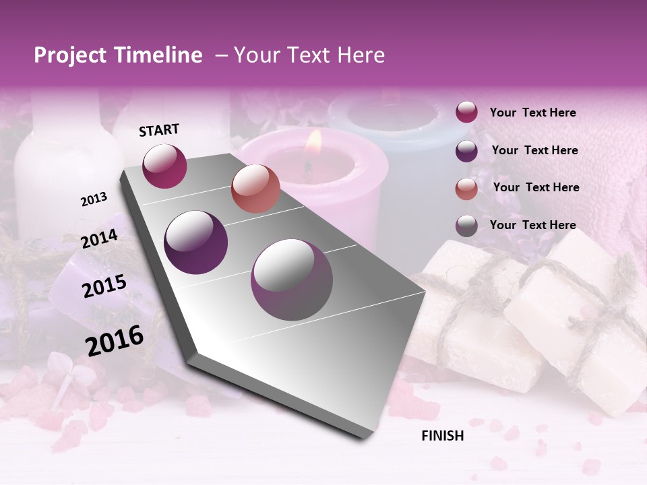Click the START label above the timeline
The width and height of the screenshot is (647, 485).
(x=159, y=130)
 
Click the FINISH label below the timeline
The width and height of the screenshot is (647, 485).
(x=442, y=436)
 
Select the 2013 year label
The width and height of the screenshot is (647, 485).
(x=94, y=199)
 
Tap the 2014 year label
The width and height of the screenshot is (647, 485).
(x=100, y=239)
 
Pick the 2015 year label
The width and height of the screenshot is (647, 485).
(x=104, y=286)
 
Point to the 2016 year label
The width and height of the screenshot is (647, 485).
(x=115, y=340)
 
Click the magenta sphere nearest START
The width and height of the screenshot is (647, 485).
(x=164, y=166)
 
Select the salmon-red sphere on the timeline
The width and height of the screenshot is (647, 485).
(x=255, y=189)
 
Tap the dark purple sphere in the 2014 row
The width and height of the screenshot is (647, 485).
(x=196, y=243)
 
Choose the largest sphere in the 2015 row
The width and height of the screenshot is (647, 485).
(x=292, y=280)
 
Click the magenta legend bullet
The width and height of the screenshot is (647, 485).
(x=466, y=112)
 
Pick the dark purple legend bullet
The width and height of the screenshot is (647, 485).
(x=466, y=151)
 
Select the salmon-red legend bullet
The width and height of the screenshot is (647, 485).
(x=466, y=188)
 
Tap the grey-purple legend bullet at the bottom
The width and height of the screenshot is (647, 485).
(x=466, y=226)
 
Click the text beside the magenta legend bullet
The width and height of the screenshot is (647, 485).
(x=532, y=112)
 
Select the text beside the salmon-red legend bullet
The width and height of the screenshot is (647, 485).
(x=536, y=187)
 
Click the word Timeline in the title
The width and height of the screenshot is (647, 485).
(x=157, y=55)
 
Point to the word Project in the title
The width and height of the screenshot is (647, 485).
(x=70, y=55)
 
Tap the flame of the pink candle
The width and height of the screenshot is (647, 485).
(x=313, y=141)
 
